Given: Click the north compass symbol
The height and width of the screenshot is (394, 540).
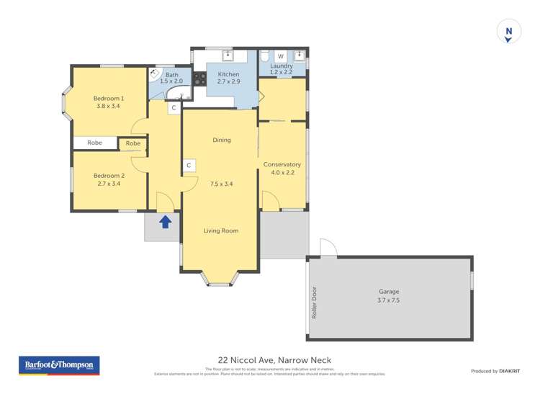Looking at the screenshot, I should [x=508, y=32].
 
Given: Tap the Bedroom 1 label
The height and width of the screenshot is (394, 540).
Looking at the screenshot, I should [x=109, y=99].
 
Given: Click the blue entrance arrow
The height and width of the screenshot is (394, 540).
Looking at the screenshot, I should [x=165, y=222].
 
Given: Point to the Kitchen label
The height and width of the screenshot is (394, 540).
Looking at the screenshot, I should [x=228, y=74].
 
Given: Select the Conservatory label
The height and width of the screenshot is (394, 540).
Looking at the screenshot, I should [x=282, y=165].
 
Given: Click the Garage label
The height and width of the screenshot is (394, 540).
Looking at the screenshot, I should [x=389, y=292].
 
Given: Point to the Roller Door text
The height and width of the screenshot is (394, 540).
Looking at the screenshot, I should [x=315, y=303].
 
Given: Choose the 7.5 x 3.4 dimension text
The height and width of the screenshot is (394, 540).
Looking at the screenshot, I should [x=222, y=184].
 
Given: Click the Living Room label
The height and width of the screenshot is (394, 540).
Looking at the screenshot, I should [x=221, y=230].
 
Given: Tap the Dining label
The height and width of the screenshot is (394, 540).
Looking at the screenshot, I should [x=222, y=140].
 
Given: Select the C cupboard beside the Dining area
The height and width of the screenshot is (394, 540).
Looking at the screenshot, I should [x=189, y=166].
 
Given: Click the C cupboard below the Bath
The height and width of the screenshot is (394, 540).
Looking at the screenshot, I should [x=174, y=108].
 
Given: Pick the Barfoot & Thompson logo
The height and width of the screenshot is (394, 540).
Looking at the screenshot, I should [x=58, y=365].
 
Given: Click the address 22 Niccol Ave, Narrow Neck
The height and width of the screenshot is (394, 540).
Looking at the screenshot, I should [x=274, y=361].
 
